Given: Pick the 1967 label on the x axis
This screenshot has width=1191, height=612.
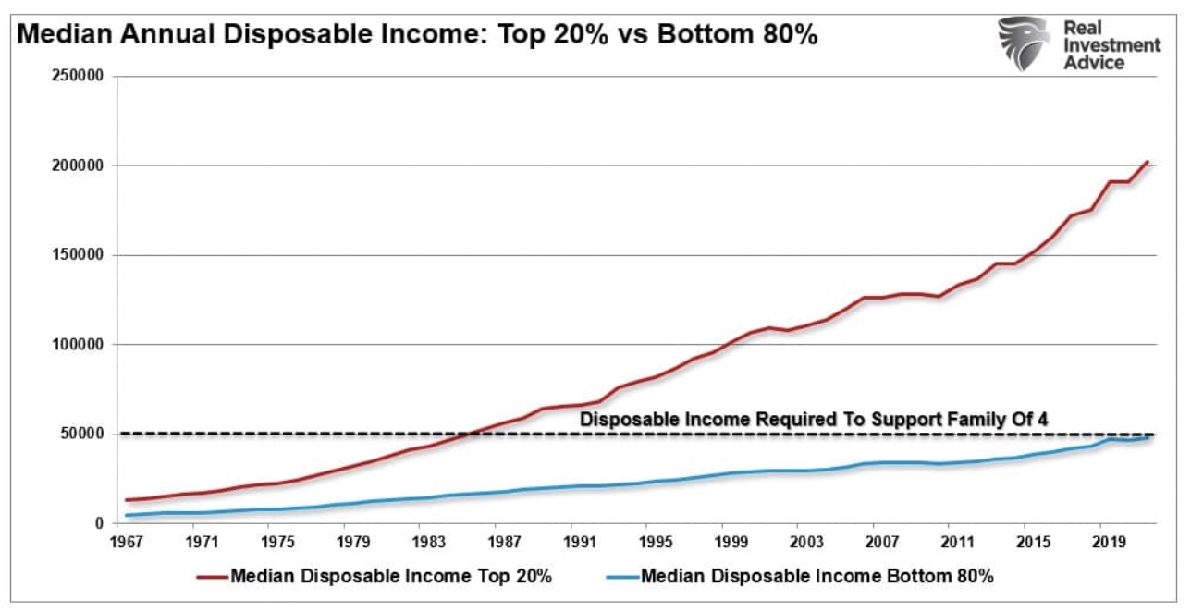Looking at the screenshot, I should pos(126,539).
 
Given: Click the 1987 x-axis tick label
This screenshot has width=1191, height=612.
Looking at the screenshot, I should pos(503,539).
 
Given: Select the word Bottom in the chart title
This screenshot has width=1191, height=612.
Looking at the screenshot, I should pos(687,38).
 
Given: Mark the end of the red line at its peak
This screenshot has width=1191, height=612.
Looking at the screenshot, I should pos(1148,162).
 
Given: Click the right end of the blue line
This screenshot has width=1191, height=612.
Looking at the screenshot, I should pos(1148,437).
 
